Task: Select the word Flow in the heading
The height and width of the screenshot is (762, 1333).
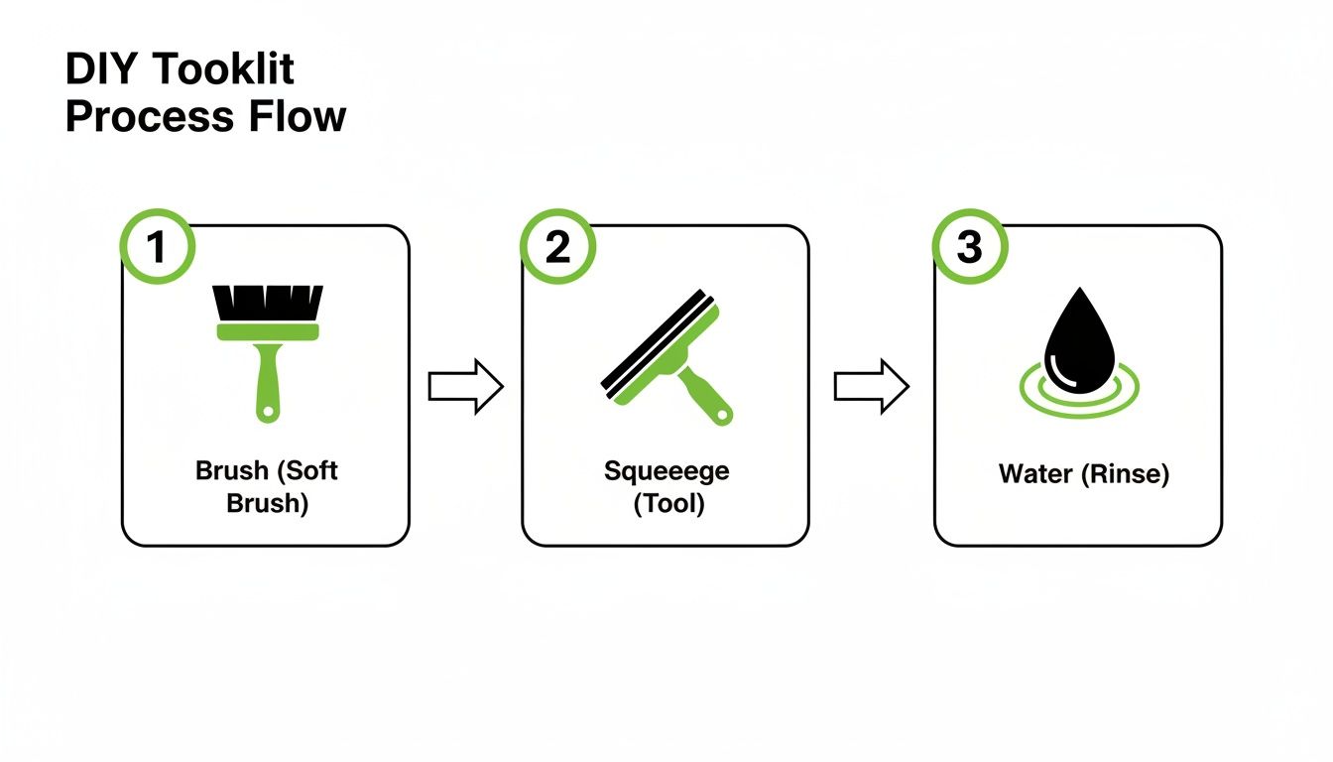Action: pos(297,116)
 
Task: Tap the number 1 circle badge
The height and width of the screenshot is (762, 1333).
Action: pos(157,247)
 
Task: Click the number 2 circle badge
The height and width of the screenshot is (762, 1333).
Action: pos(558,247)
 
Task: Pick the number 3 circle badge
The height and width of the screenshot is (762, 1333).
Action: pos(969,247)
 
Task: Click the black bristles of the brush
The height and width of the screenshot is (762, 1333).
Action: pos(267,302)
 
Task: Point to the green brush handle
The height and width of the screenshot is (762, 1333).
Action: pos(267,382)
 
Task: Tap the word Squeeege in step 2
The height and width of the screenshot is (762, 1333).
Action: pos(666,470)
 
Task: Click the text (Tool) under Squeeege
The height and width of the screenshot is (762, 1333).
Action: pos(667,503)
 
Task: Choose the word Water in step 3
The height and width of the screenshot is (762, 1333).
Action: pos(1035,474)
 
